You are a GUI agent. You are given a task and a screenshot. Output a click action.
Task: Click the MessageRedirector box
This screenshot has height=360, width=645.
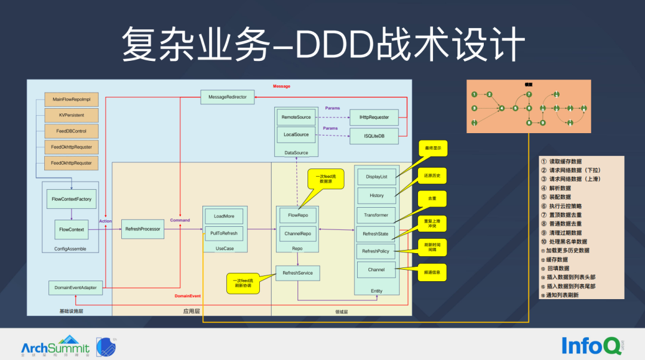coord(228,97)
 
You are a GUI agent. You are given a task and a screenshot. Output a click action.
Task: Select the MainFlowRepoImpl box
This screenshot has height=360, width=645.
coord(72,99)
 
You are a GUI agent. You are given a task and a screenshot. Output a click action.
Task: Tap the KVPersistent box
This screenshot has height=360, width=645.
coord(72,115)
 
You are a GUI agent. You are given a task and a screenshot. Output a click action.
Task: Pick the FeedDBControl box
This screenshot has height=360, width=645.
coord(72,131)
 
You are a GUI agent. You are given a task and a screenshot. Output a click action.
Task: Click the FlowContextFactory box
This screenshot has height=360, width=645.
coord(72,199)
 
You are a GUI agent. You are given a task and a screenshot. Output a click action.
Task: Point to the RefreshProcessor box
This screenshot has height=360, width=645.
coord(142,229)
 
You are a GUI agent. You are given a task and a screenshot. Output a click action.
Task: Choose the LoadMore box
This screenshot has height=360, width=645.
coord(224,216)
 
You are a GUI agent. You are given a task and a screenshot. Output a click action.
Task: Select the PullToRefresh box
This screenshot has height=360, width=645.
coord(224,233)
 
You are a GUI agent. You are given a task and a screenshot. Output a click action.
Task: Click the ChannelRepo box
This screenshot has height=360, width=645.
coord(298,233)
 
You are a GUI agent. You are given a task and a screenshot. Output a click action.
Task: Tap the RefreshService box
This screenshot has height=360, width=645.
coord(297,273)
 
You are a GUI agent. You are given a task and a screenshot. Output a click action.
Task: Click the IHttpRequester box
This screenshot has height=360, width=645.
coord(374,118)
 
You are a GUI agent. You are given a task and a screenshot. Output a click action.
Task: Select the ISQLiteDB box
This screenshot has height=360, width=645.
coord(374,136)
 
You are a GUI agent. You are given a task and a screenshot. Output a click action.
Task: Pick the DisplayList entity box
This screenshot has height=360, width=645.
coord(376,176)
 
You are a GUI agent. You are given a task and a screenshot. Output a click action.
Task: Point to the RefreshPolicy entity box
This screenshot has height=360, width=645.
coord(376,251)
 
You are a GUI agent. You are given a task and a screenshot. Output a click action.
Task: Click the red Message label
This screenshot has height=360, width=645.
coord(281,87)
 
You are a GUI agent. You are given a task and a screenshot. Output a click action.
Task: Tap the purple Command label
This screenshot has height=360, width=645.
coord(180,220)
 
